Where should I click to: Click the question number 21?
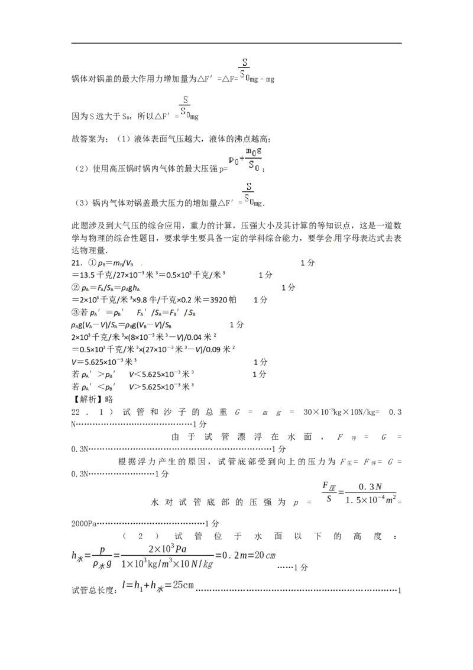[76, 263]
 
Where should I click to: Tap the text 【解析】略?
[92, 399]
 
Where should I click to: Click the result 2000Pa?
[84, 523]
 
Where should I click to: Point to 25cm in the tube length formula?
[183, 585]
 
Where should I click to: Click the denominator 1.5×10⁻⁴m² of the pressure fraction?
[371, 500]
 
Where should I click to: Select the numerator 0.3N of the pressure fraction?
[370, 487]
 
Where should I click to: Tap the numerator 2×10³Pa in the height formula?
[167, 549]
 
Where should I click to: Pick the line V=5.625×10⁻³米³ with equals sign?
[103, 362]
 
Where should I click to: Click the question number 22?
[76, 412]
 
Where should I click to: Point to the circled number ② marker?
[76, 288]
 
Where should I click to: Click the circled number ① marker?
[92, 263]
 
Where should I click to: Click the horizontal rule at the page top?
[237, 43]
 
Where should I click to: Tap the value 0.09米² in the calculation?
[218, 350]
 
